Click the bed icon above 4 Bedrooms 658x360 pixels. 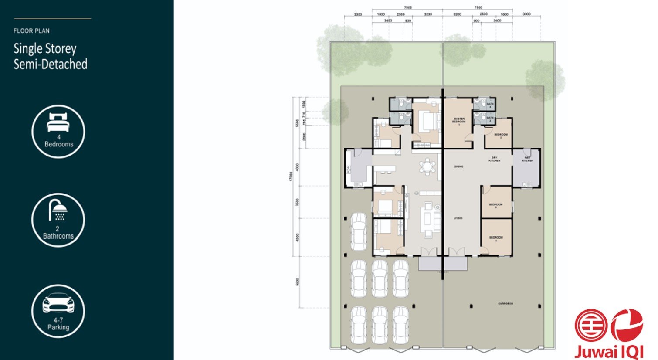click(x=58, y=122)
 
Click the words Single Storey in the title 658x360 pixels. click(x=45, y=48)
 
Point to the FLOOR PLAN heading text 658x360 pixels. click(x=31, y=31)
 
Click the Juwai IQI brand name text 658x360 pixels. click(x=608, y=351)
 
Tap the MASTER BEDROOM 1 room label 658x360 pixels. click(x=458, y=121)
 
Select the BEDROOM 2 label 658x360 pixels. click(x=501, y=136)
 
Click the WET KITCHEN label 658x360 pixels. click(x=527, y=159)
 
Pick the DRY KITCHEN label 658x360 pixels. click(x=494, y=159)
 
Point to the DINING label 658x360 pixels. click(x=458, y=166)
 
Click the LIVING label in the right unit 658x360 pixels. click(x=458, y=218)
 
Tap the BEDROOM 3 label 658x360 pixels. click(x=495, y=205)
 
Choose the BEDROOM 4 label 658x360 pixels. click(x=495, y=238)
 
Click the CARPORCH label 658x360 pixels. click(x=505, y=303)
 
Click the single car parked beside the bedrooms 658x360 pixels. click(x=359, y=231)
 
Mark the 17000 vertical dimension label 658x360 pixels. click(x=290, y=176)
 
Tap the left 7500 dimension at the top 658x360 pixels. click(x=407, y=7)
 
